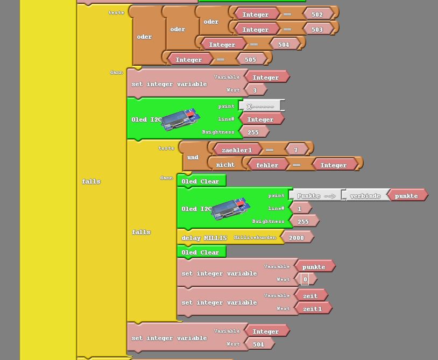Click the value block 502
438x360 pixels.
tap(317, 15)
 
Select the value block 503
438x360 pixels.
tap(317, 29)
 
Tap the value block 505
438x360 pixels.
tap(250, 59)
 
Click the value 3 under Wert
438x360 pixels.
tap(255, 90)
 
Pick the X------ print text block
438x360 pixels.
tap(260, 107)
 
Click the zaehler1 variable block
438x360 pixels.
tap(237, 150)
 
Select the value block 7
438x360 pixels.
tap(295, 150)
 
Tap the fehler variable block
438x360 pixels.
tap(267, 165)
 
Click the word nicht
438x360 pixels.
tap(225, 165)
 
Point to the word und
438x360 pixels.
tap(193, 157)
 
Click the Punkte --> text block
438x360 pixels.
tap(316, 196)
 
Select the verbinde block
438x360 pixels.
tap(365, 196)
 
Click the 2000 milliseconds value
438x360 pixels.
tap(296, 238)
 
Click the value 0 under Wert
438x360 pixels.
tap(305, 279)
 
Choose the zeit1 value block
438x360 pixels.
tap(313, 309)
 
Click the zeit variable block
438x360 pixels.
tap(310, 296)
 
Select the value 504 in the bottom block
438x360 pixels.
tap(259, 344)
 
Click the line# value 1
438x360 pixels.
tap(300, 209)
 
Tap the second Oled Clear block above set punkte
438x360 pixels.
tap(200, 252)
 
